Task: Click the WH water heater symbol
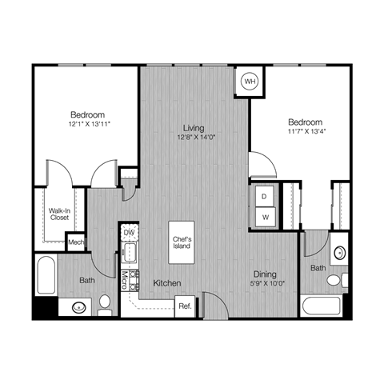point(250,82)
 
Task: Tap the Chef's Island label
point(182,241)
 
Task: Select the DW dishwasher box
point(129,232)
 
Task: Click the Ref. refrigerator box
point(185,306)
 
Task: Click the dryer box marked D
point(264,195)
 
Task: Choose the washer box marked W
point(264,216)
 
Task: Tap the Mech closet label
point(76,242)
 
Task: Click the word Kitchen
point(166,283)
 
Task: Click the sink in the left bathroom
point(78,306)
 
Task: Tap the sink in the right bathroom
point(339,254)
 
